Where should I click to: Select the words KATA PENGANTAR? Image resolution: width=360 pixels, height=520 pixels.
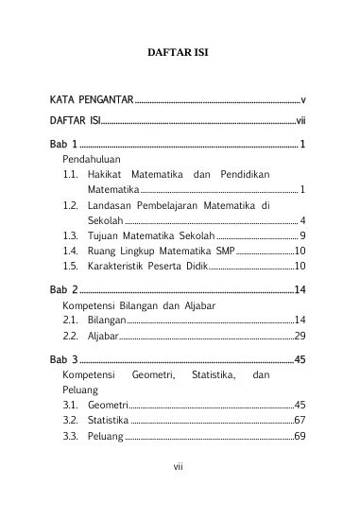(x=92, y=99)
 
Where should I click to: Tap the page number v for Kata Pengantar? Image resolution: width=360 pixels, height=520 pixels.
(x=302, y=99)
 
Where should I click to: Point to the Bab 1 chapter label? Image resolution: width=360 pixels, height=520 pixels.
(x=63, y=145)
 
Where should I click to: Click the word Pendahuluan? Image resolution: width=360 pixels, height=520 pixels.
(x=93, y=160)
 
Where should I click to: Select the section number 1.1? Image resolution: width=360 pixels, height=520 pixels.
(x=70, y=175)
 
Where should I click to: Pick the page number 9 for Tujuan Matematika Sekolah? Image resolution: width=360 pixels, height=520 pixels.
(x=301, y=234)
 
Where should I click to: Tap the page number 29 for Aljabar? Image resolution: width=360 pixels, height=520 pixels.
(x=299, y=336)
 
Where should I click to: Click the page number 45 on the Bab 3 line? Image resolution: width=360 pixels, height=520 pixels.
(x=299, y=359)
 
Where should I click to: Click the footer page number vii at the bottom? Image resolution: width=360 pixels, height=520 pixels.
(x=178, y=492)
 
